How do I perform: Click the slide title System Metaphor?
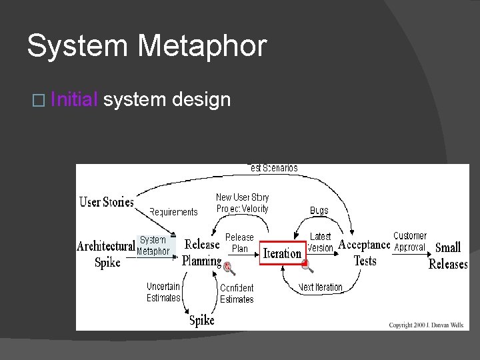(x=147, y=47)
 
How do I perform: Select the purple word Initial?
(x=74, y=100)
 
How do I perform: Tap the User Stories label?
(x=107, y=201)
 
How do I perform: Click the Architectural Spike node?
(x=106, y=254)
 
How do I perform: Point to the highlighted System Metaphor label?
(x=153, y=245)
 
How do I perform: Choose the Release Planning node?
(x=202, y=253)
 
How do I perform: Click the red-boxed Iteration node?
(x=282, y=253)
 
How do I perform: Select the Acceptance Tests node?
(x=364, y=252)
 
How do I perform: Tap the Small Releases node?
(x=448, y=255)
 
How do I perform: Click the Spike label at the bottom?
(x=202, y=320)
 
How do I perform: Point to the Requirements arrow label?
(x=173, y=212)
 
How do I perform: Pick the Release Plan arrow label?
(x=239, y=243)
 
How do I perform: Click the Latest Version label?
(x=321, y=243)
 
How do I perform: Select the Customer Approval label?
(x=409, y=241)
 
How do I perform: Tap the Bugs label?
(x=319, y=211)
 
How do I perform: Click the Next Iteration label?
(x=321, y=287)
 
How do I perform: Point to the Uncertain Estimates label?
(x=163, y=292)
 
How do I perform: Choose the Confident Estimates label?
(x=237, y=293)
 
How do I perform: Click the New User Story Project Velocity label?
(x=242, y=203)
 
